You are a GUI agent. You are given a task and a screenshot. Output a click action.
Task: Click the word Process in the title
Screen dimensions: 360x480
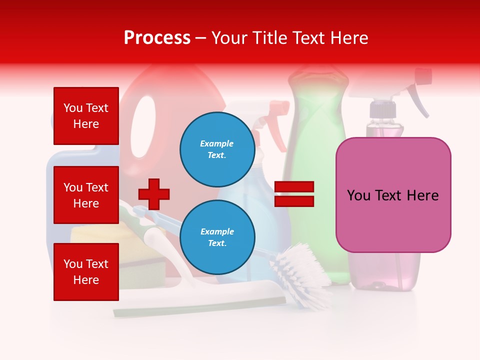pos(157,37)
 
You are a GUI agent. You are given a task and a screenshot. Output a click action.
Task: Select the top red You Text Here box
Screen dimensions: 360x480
pos(86,116)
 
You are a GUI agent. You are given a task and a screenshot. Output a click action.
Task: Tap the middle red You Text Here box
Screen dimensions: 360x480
pos(86,195)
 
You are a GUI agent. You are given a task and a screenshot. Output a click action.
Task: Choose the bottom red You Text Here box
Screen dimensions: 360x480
pos(86,271)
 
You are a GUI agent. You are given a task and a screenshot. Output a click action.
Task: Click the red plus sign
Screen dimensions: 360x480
pos(154,194)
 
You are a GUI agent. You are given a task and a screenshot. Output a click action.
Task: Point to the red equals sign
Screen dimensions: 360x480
pos(294,194)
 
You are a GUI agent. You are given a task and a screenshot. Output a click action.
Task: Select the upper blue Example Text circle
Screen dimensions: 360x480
pos(217,149)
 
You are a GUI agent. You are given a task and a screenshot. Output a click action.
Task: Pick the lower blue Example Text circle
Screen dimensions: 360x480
pos(217,237)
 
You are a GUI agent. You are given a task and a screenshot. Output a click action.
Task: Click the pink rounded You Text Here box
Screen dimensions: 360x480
pos(393,195)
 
